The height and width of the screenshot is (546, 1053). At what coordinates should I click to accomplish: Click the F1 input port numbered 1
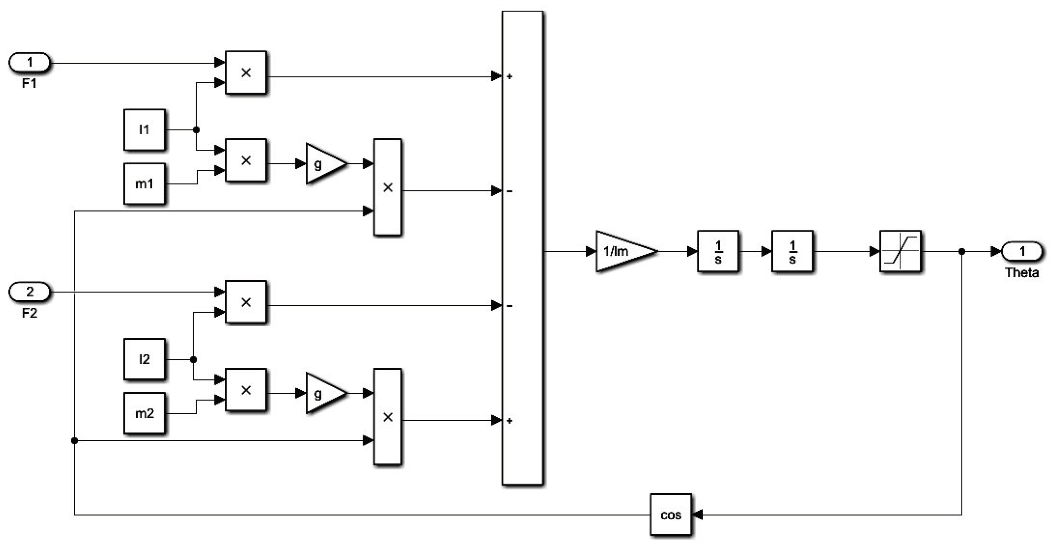30,63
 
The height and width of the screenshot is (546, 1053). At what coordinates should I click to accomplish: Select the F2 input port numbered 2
30,292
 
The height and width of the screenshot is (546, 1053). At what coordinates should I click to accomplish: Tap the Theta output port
1022,251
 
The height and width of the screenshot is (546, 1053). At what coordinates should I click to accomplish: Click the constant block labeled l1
144,130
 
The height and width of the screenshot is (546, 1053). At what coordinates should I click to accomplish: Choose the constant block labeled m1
144,184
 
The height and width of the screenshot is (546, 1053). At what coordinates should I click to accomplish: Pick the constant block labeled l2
144,359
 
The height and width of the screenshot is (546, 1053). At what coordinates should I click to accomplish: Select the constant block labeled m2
144,413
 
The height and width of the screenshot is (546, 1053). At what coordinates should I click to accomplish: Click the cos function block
671,515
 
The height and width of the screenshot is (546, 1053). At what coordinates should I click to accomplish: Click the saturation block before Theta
900,251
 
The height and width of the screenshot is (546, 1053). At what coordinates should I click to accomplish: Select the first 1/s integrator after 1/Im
718,251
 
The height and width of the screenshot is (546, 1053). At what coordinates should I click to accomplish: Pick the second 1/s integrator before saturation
792,251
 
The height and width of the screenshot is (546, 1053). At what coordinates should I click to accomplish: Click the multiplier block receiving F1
246,73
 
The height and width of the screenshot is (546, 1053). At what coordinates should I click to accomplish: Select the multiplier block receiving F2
246,302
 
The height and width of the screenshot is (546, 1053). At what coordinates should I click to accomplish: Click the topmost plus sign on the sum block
510,76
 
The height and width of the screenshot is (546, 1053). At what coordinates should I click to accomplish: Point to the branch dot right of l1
196,130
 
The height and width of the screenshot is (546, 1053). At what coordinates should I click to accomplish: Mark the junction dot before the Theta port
962,251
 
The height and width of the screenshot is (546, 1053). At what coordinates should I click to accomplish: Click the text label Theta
1022,272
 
